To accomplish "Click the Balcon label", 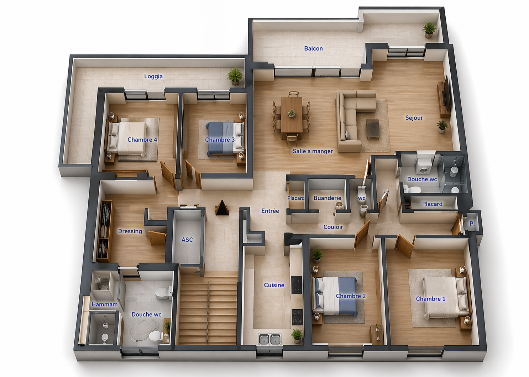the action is click(313, 48).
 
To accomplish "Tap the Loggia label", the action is click(153, 76).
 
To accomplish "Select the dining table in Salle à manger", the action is click(292, 115).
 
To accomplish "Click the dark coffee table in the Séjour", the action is click(373, 129).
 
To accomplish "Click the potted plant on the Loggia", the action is click(235, 75).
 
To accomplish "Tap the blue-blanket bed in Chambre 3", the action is click(225, 138).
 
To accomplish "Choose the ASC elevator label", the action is click(187, 240).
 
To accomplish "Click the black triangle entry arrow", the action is click(222, 208).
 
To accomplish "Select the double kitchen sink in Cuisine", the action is click(269, 339).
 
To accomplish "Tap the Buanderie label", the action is click(327, 198).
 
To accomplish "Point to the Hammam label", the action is click(105, 304).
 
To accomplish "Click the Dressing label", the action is click(130, 231).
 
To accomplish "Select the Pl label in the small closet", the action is click(472, 224).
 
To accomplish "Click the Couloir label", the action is click(333, 227).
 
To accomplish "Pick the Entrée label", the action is click(270, 211).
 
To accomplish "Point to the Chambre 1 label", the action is click(430, 299).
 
